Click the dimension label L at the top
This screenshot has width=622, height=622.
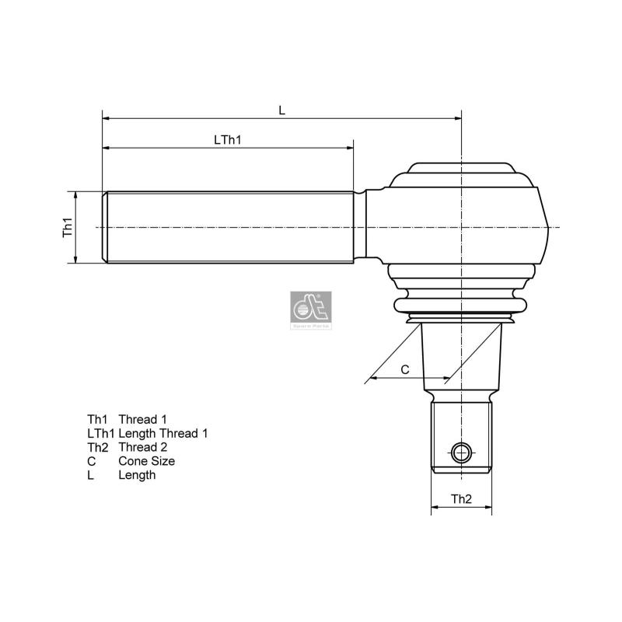282,110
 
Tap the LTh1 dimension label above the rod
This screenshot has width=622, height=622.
228,140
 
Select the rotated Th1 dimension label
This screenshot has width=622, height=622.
68,227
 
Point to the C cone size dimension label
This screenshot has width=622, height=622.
405,370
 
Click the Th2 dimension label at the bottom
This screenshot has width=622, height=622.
461,499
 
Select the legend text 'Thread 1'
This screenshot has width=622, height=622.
142,419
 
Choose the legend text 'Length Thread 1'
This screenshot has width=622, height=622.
162,433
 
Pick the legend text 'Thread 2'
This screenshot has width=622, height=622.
142,447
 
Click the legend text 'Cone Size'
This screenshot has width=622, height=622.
146,461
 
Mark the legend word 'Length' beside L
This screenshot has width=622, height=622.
137,475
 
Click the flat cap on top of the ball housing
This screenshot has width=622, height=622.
461,169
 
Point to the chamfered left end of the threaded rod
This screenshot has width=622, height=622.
105,227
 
